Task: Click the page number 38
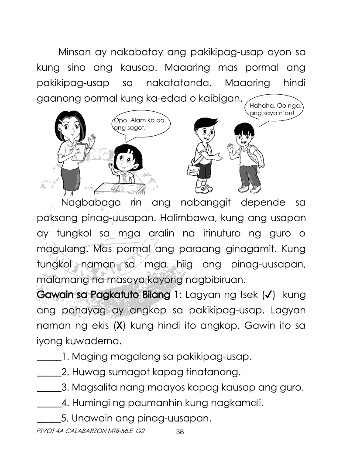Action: [180, 432]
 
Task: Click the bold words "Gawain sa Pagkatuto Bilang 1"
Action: [108, 295]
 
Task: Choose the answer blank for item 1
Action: [48, 358]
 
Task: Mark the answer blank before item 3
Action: [48, 389]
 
